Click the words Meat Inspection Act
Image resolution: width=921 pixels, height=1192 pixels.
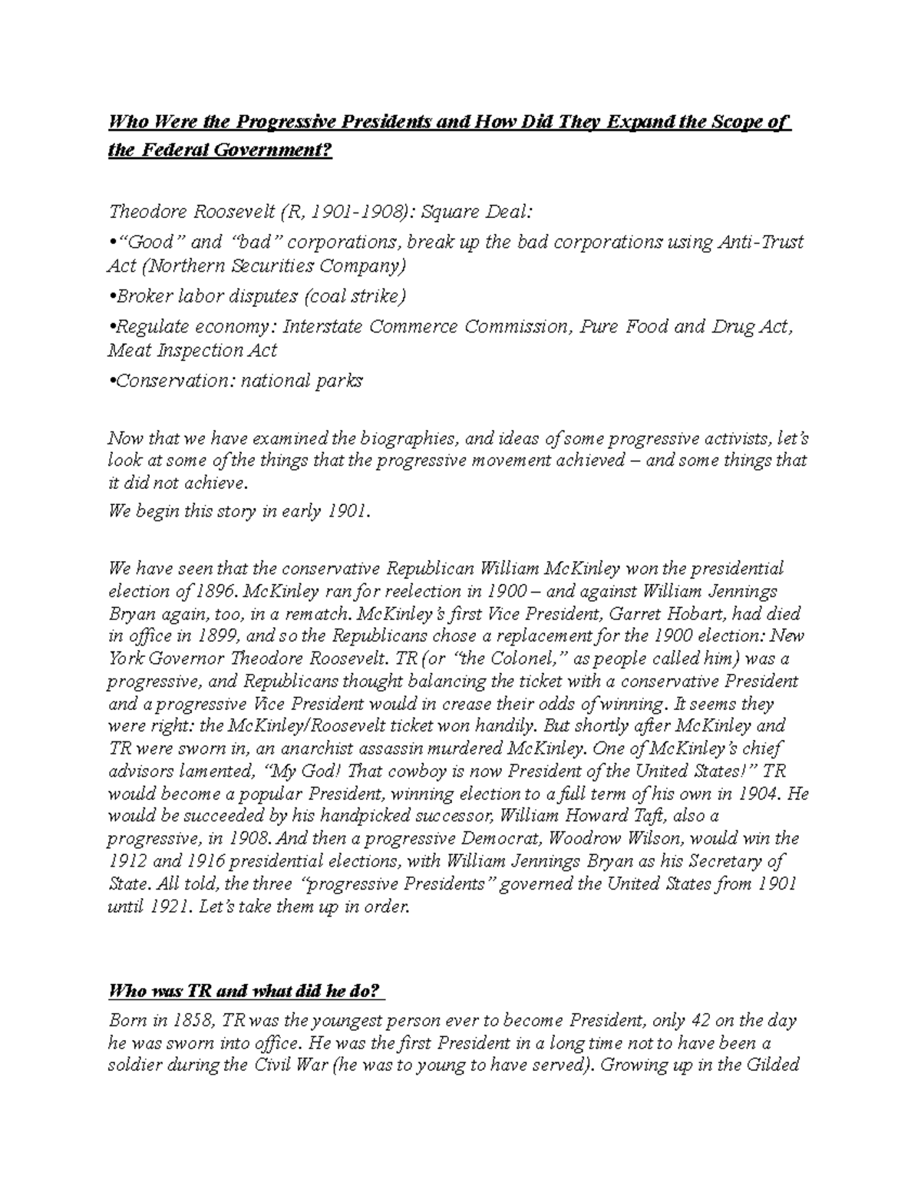pyautogui.click(x=193, y=350)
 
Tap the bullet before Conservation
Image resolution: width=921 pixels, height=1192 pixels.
pyautogui.click(x=111, y=381)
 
